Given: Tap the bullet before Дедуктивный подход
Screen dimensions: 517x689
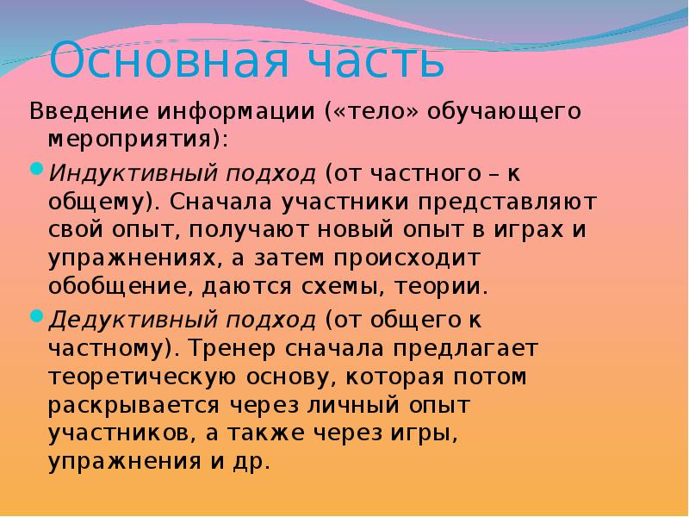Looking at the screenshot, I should pos(36,318).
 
